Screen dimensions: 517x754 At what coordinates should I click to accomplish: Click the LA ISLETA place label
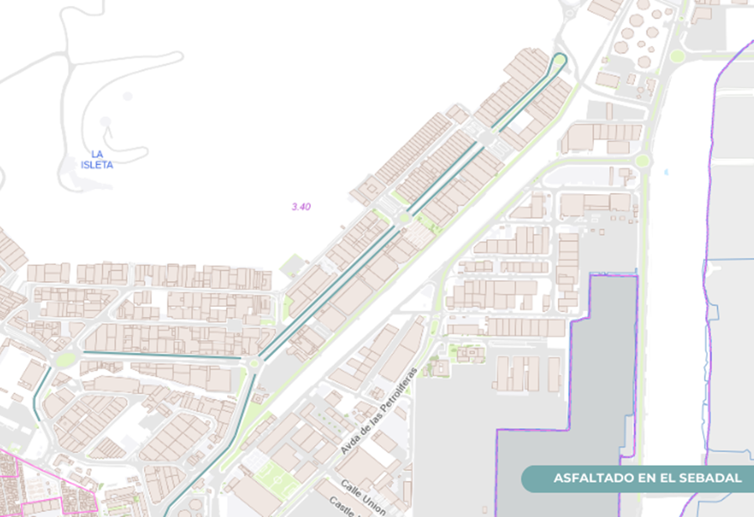tap(96, 159)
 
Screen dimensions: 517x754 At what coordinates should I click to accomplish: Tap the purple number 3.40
tap(301, 207)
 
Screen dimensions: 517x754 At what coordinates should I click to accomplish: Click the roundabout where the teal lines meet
tap(255, 362)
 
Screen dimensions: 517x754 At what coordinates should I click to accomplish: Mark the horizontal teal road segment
tap(159, 357)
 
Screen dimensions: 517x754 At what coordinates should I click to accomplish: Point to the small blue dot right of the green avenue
tap(667, 172)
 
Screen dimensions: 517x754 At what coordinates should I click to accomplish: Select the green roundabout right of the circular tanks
tap(676, 56)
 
